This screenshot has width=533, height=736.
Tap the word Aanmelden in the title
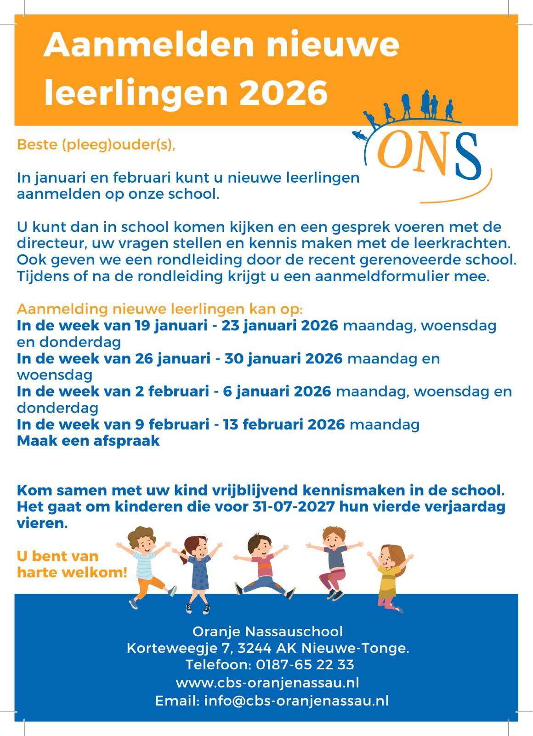(149, 45)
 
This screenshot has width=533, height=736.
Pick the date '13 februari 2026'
(284, 424)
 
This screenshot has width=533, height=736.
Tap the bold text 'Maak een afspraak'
(88, 441)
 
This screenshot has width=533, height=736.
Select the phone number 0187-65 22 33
(305, 665)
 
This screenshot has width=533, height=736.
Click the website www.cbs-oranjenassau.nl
(267, 682)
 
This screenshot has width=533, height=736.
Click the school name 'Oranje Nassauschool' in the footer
(267, 631)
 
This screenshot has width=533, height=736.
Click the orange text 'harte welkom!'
(72, 573)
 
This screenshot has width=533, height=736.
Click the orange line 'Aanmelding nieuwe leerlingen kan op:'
(159, 309)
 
